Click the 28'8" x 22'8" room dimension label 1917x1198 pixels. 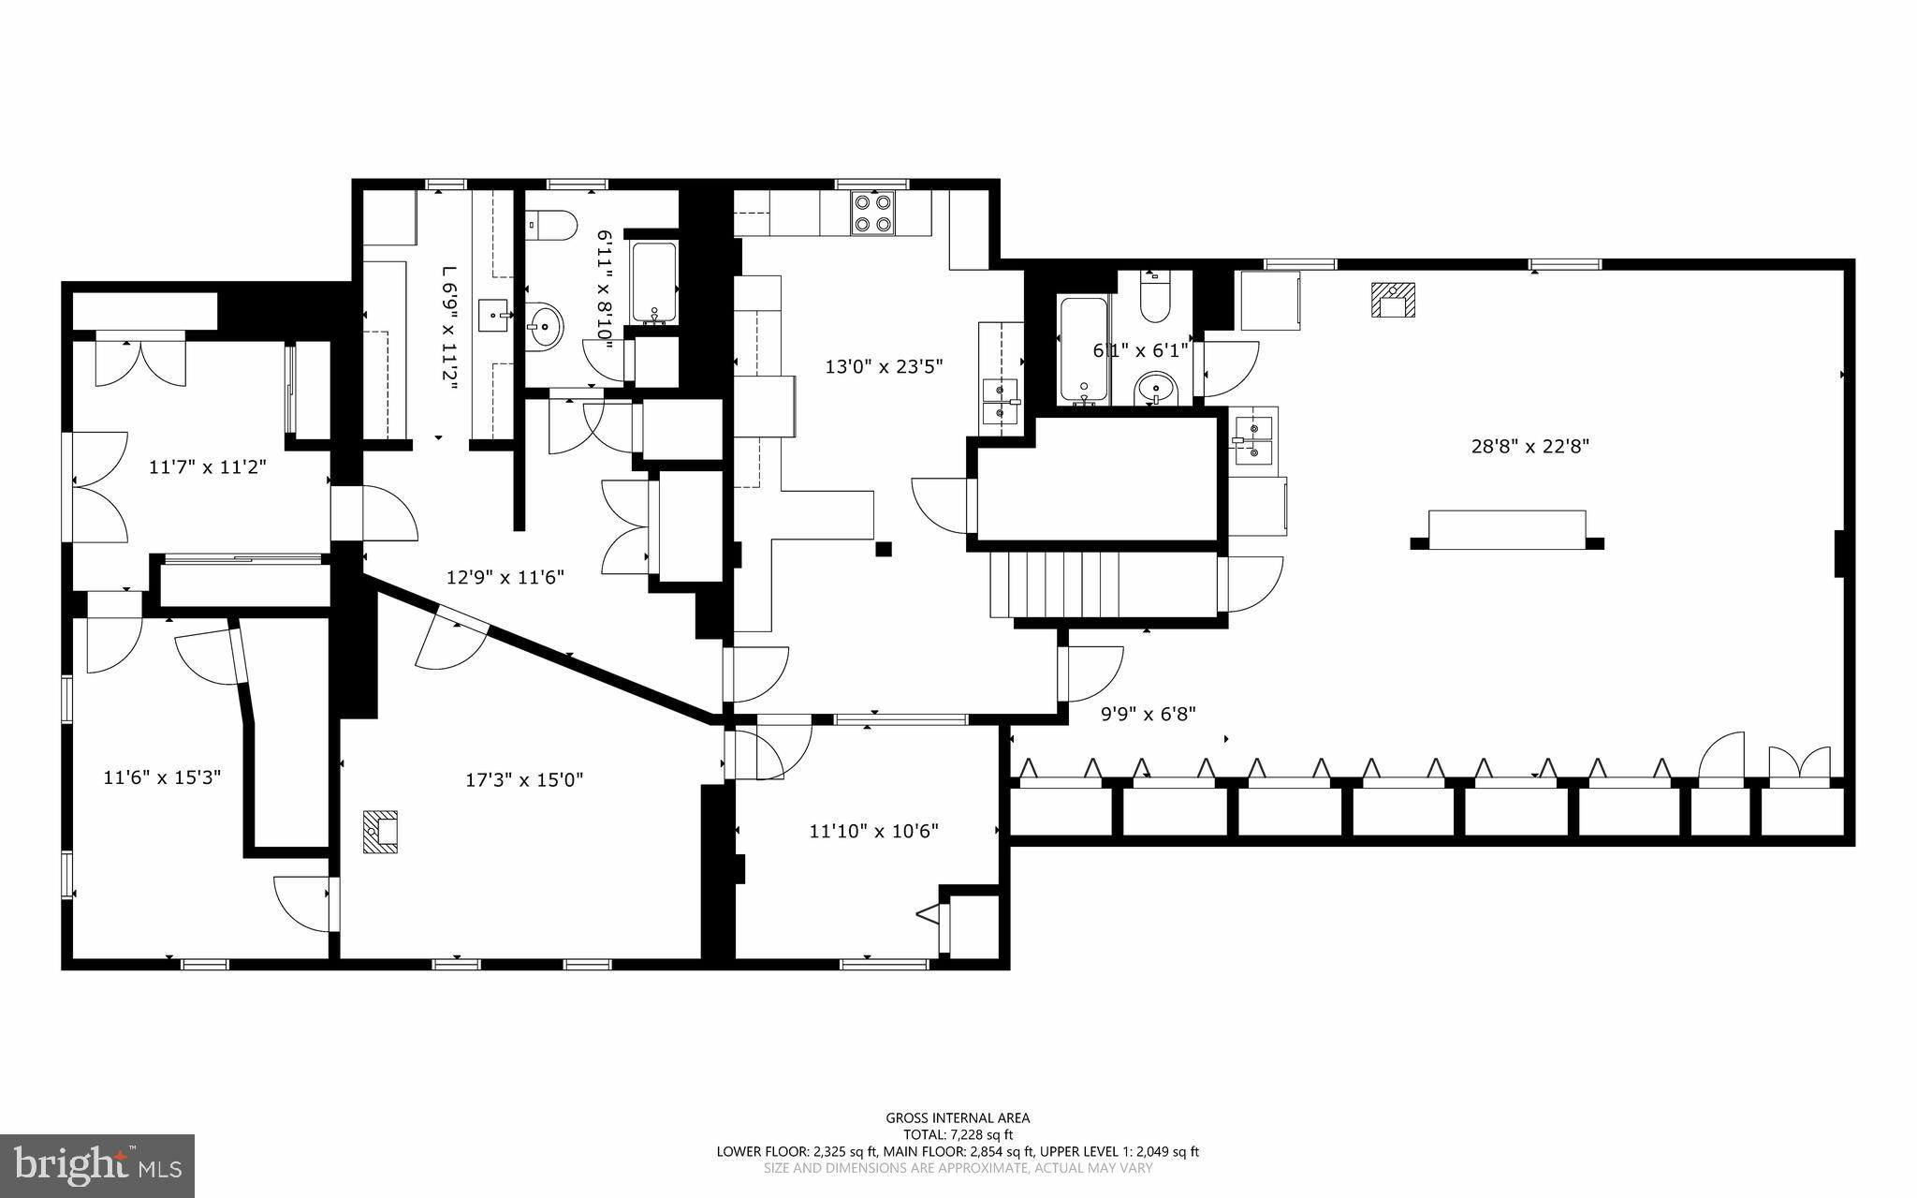(1529, 447)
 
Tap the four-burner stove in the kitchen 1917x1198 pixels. (871, 213)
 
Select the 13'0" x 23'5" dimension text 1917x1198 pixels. (883, 366)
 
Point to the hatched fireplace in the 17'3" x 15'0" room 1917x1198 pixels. (381, 832)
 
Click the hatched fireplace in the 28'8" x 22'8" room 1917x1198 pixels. (1394, 301)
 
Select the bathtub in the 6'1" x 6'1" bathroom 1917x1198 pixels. (1084, 348)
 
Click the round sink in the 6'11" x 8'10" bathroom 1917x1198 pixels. (543, 327)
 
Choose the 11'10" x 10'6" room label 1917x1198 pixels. (873, 830)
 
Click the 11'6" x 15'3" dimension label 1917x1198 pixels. (162, 776)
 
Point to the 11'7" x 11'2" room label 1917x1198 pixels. (208, 466)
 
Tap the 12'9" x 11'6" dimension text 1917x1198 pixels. (505, 577)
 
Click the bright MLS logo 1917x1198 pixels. (97, 1165)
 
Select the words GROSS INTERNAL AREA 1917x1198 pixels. (958, 1117)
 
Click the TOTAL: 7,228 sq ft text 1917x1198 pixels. (958, 1134)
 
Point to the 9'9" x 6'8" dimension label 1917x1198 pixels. (1148, 714)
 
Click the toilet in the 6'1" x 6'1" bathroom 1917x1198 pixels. (1155, 298)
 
